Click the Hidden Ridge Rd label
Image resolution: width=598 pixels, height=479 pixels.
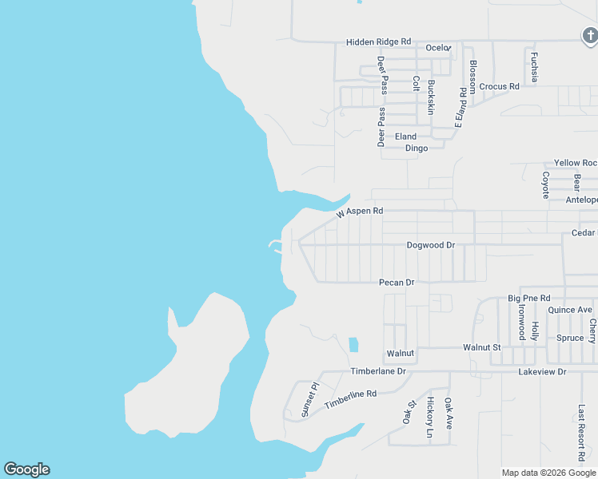[x=378, y=42]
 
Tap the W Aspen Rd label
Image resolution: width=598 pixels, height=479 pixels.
[x=360, y=212]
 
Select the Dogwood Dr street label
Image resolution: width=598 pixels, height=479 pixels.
[x=430, y=245]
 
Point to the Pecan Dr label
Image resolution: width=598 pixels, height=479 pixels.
[x=397, y=283]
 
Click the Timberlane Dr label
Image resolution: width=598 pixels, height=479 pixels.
[x=378, y=372]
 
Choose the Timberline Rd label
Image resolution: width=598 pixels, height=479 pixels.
[x=350, y=400]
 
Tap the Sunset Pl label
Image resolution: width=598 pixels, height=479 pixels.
[x=309, y=399]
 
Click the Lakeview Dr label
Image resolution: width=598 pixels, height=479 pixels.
[x=542, y=372]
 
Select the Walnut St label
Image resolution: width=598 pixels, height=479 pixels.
[x=481, y=347]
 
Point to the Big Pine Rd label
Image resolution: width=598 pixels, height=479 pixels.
[x=525, y=298]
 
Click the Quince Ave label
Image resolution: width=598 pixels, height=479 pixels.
[x=570, y=310]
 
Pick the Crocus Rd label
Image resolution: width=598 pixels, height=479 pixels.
[x=500, y=86]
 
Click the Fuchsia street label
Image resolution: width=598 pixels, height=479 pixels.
[x=534, y=67]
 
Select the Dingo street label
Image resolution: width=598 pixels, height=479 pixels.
[x=417, y=148]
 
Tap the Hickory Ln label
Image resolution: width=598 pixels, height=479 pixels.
[x=429, y=418]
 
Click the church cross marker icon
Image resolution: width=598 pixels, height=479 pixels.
[x=589, y=35]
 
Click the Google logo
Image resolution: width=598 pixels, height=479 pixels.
[x=26, y=469]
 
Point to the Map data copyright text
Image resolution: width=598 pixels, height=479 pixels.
[x=549, y=473]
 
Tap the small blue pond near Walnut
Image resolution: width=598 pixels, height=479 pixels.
[x=353, y=345]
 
